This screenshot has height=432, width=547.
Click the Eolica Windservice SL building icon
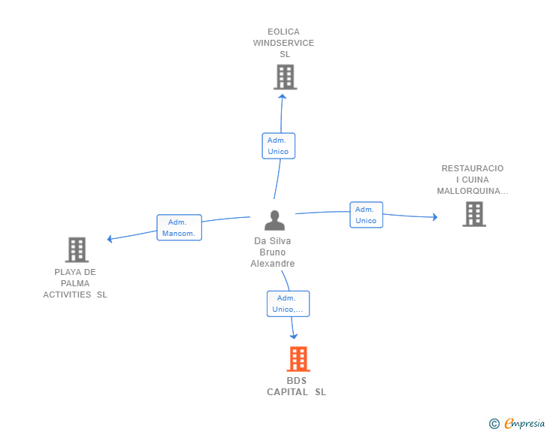286,77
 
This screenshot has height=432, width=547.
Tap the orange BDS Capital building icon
298,358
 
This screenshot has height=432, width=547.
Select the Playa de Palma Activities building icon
77,250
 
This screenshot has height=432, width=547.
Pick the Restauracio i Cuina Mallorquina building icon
474,214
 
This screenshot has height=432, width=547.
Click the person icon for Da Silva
274,220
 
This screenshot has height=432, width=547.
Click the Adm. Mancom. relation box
180,228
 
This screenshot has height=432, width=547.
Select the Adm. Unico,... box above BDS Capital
289,304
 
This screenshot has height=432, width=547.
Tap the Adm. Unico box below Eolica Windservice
278,146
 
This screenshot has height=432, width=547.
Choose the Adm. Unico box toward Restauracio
367,215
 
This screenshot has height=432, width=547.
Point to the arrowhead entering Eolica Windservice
283,96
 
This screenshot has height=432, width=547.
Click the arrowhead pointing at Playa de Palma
110,239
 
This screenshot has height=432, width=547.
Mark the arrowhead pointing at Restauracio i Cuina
435,217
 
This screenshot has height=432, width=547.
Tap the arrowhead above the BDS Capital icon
294,336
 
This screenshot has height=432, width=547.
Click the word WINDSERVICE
283,43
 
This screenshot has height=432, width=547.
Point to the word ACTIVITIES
67,295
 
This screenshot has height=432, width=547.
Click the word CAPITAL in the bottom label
288,392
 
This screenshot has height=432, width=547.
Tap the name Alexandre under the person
273,264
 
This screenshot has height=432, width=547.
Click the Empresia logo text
524,424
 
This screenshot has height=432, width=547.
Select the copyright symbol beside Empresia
494,424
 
